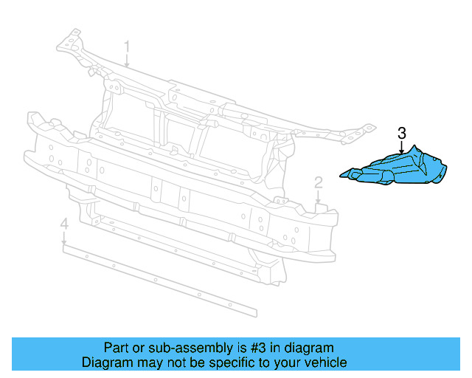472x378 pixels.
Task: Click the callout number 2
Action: tap(318, 182)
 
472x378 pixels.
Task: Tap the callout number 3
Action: tap(401, 134)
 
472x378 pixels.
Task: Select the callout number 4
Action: tap(64, 223)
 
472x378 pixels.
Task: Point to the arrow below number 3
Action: tap(401, 148)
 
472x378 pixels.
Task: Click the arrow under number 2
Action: tap(318, 197)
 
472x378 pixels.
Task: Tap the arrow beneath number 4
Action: tap(64, 238)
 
